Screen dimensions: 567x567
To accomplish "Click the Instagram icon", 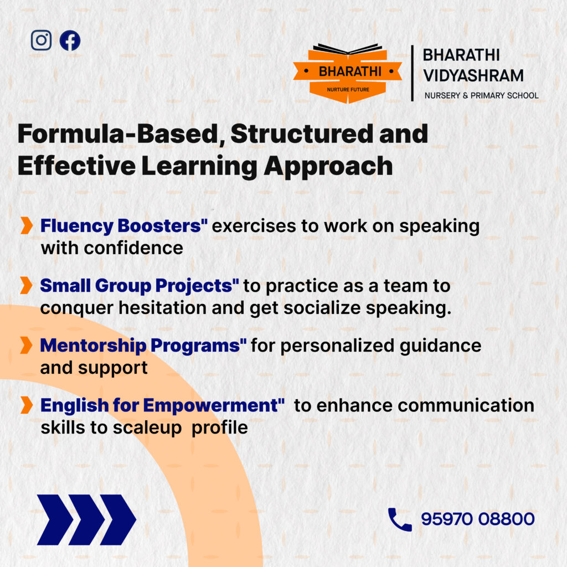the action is (x=41, y=40).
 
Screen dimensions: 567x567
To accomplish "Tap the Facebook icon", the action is (x=70, y=40).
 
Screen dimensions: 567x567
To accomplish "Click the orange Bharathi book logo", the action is (x=348, y=74).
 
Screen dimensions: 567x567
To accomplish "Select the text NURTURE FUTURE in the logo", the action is (x=348, y=90).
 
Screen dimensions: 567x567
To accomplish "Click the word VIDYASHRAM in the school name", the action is (x=473, y=76).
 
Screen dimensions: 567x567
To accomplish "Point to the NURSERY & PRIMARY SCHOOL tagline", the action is (x=481, y=95).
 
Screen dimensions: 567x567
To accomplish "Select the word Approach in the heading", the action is (x=328, y=167).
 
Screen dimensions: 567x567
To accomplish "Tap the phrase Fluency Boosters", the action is (x=123, y=226).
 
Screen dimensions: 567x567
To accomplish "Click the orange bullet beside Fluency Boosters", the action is (x=27, y=226).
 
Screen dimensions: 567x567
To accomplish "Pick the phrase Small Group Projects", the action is (x=139, y=286).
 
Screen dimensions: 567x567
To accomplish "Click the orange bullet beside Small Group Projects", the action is (x=27, y=285).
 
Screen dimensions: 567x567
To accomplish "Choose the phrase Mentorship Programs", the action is (x=143, y=346).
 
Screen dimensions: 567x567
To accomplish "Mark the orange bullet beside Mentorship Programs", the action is (x=27, y=345).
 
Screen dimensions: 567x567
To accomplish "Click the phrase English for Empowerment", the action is (x=162, y=405).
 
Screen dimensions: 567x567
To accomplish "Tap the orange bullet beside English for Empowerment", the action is (x=27, y=405).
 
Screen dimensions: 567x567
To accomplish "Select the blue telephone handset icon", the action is (x=400, y=519).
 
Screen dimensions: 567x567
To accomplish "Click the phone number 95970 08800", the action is (x=478, y=519).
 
